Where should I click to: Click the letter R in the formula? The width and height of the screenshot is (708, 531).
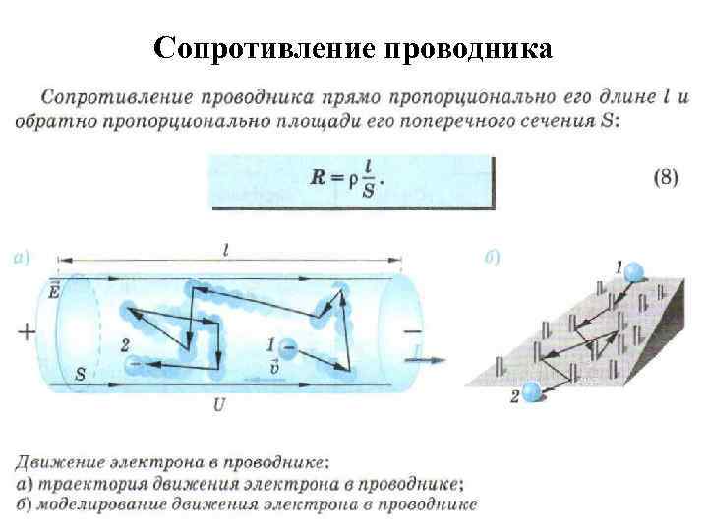click(x=318, y=179)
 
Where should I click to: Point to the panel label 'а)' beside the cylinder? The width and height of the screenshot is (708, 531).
click(x=23, y=258)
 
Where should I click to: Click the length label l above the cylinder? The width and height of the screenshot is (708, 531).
click(x=227, y=251)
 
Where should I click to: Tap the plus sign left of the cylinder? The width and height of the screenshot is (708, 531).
click(x=26, y=331)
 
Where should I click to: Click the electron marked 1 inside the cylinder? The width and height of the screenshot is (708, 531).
click(x=288, y=347)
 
